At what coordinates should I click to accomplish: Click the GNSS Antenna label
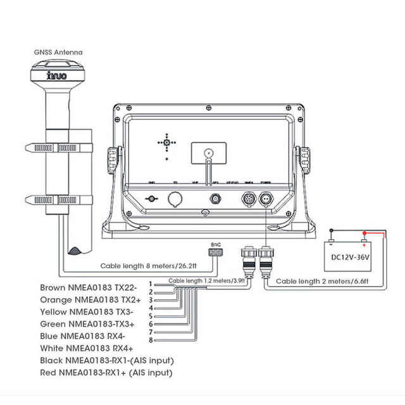(x=58, y=52)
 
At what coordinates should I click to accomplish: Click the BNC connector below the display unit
(x=216, y=252)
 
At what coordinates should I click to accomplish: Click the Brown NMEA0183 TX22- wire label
(x=88, y=287)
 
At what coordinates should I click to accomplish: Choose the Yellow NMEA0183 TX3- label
(x=87, y=311)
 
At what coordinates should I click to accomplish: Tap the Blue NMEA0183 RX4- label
(x=82, y=336)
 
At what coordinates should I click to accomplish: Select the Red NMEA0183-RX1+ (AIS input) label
(x=106, y=373)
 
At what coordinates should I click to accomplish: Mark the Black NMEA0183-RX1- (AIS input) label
(x=106, y=360)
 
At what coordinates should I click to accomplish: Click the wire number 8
(x=151, y=340)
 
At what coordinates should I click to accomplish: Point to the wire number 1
(x=151, y=283)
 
